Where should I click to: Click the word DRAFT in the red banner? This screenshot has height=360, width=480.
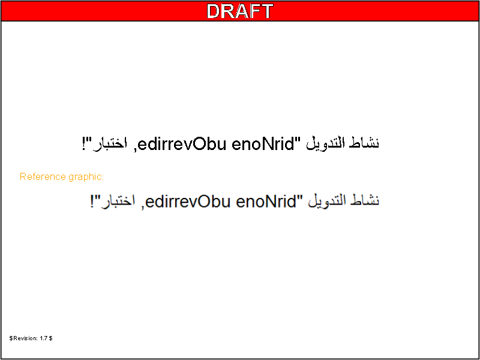(239, 11)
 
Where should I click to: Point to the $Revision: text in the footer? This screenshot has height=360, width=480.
(23, 338)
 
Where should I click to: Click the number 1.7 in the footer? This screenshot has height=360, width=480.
(43, 338)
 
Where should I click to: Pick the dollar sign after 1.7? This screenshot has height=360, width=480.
(50, 338)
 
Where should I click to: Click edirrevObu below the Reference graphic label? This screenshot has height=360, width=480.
(188, 201)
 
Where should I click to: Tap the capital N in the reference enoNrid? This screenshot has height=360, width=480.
(267, 201)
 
